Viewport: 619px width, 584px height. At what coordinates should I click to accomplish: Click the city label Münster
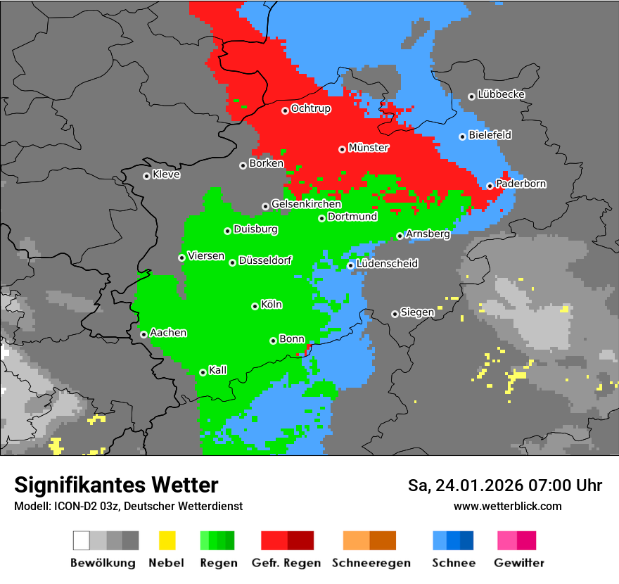368,148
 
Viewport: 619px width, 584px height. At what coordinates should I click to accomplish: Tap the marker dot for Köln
255,306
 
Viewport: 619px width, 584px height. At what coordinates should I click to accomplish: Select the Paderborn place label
521,184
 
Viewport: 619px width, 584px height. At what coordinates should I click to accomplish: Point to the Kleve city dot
146,176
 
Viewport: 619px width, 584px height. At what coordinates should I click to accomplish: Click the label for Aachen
168,333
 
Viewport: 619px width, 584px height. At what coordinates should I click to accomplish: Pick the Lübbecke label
501,94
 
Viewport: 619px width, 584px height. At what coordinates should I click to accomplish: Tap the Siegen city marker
395,314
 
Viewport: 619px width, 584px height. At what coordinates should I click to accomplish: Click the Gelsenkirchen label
306,204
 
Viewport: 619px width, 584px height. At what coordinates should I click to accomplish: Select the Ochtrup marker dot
285,110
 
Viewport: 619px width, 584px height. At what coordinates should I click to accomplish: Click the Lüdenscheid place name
387,264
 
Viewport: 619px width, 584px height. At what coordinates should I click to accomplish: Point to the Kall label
217,370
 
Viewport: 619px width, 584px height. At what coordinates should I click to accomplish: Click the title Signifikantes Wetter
116,485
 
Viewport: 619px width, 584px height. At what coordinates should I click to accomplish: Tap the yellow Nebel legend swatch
167,540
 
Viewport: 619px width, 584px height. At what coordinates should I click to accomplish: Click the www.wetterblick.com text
507,506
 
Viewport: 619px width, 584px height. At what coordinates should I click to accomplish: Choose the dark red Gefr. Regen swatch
300,540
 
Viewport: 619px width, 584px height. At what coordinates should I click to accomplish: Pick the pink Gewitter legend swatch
506,540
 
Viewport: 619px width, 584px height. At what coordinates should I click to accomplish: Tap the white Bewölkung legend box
82,540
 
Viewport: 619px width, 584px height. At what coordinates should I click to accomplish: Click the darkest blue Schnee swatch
466,540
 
